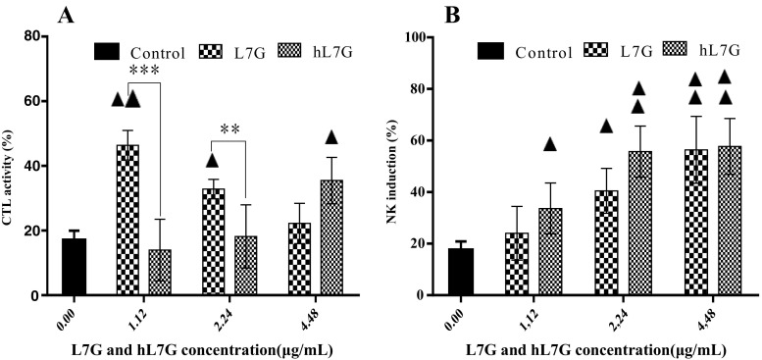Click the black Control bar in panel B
coord(467,272)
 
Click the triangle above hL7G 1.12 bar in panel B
coord(550,145)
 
